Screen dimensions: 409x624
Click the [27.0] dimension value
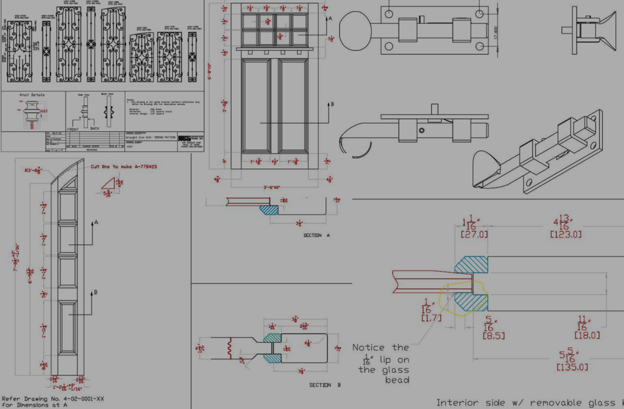[x=475, y=235]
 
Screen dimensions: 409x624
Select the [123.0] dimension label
[x=566, y=235]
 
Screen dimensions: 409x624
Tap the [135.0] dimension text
[x=572, y=367]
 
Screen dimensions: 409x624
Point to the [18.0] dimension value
[x=587, y=335]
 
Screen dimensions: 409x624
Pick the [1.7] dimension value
[x=431, y=318]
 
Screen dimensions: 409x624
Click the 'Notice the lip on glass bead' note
[x=381, y=363]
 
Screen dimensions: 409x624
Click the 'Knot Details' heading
[x=32, y=95]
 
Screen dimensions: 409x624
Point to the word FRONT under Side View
[x=74, y=127]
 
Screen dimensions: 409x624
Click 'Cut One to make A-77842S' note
[x=123, y=167]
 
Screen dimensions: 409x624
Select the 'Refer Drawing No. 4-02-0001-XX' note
[x=43, y=398]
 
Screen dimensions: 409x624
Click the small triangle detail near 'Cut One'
[x=110, y=182]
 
